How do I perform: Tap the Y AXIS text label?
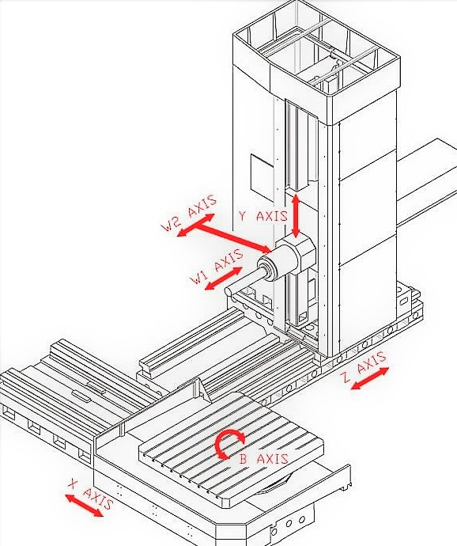click(263, 216)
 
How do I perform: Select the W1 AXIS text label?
click(217, 267)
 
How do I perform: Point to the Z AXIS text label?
click(364, 366)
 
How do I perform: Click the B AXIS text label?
click(263, 459)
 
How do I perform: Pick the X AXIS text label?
click(91, 494)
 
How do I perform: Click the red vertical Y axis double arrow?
click(296, 216)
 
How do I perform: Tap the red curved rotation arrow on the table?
click(227, 442)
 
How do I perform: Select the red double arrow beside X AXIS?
click(84, 506)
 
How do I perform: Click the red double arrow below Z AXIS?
click(370, 378)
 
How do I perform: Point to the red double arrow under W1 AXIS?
click(224, 279)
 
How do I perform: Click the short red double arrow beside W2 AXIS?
click(195, 225)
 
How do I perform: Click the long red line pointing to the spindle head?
click(233, 238)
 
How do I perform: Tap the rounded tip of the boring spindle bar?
click(228, 291)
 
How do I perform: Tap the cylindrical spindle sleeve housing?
click(278, 264)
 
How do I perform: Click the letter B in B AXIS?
click(243, 459)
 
